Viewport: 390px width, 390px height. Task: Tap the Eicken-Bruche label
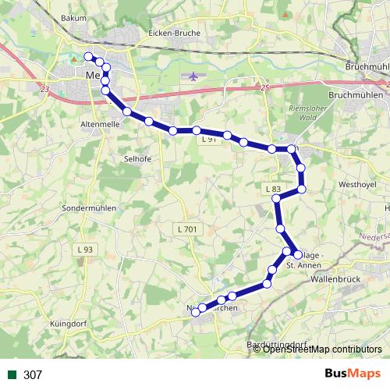tap(174, 34)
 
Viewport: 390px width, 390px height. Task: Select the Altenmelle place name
tap(98, 124)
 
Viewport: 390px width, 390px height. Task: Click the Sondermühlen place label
tap(89, 209)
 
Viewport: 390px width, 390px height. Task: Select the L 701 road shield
tap(186, 229)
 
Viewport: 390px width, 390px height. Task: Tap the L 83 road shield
tap(272, 189)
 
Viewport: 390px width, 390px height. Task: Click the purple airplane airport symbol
tap(193, 76)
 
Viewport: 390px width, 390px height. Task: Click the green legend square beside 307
tap(12, 375)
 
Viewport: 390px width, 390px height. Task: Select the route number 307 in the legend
tap(33, 375)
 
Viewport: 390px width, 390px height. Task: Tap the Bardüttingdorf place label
tap(277, 343)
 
